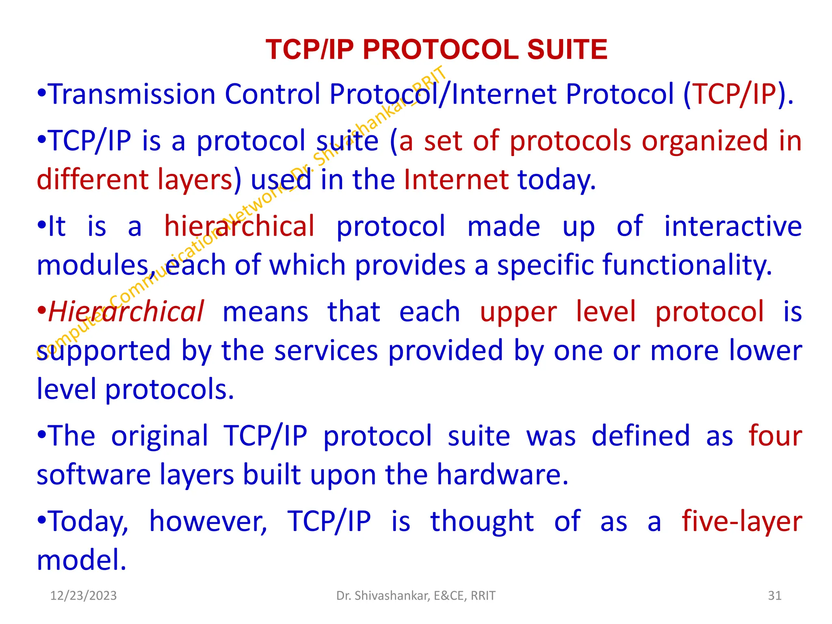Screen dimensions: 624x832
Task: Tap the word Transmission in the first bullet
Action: coord(132,94)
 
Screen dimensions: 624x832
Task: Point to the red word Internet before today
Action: coord(456,180)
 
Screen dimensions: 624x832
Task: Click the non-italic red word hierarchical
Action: coord(239,226)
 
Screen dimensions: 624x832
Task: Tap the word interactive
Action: coord(732,226)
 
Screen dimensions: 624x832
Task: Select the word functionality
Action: coord(687,265)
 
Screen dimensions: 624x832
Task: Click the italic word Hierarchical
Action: coord(126,312)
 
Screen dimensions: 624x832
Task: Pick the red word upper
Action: coord(518,312)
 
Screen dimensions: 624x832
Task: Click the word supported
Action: coord(104,351)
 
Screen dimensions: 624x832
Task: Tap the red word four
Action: coord(775,436)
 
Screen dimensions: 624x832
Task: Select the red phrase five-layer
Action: coord(742,521)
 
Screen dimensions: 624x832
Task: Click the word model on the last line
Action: coord(81,560)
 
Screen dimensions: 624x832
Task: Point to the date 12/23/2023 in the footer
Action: coord(83,596)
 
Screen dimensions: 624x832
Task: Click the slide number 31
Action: coord(775,596)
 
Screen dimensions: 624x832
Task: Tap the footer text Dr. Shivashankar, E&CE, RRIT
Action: coord(416,596)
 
